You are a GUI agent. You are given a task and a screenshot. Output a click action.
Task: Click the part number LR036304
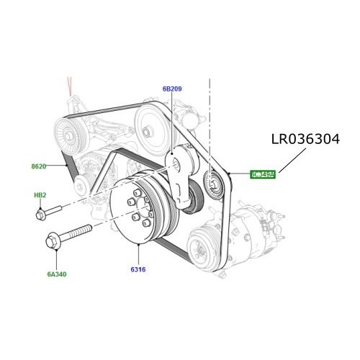pos(315,138)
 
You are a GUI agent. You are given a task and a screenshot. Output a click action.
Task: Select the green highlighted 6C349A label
pos(262,174)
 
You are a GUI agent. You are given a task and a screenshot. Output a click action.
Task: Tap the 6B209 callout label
pos(171,89)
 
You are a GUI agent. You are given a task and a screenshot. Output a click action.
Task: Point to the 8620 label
pos(38,166)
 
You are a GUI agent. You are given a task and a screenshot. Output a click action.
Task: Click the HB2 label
pos(40,195)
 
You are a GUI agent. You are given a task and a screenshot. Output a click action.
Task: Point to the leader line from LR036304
pos(289,161)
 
